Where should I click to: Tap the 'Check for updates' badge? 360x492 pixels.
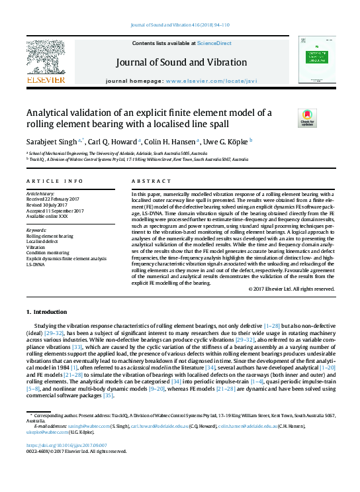point(289,118)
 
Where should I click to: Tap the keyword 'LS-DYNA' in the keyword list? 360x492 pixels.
point(36,264)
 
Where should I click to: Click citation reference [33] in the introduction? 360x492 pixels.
point(77,346)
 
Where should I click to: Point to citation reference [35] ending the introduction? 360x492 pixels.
point(109,395)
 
